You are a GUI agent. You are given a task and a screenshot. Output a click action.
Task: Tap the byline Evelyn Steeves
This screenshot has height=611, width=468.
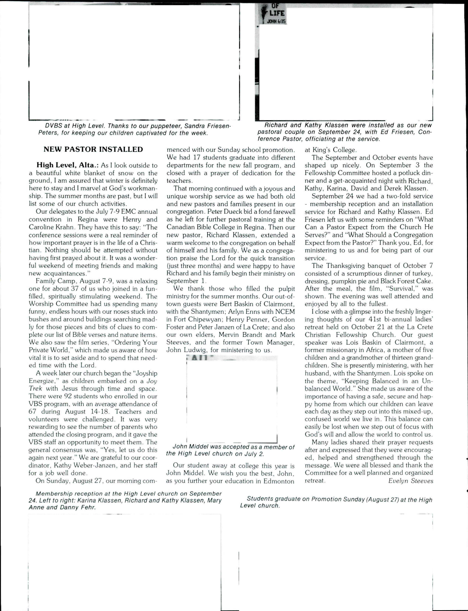411,480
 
